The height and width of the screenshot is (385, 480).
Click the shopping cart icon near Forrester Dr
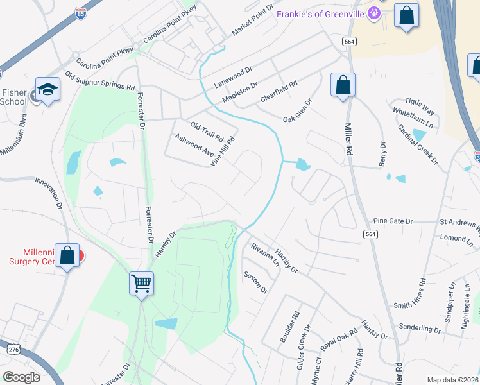pyautogui.click(x=141, y=283)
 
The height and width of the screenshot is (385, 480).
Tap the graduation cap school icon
pyautogui.click(x=47, y=89)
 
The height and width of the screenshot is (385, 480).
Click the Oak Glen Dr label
pyautogui.click(x=298, y=110)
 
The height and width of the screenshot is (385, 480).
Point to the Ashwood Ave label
pyautogui.click(x=194, y=144)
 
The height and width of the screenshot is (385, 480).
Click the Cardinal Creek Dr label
pyautogui.click(x=418, y=144)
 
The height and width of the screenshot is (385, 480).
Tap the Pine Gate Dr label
pyautogui.click(x=393, y=221)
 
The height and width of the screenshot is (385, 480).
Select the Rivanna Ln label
pyautogui.click(x=265, y=255)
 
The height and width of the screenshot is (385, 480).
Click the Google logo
pyautogui.click(x=22, y=377)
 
